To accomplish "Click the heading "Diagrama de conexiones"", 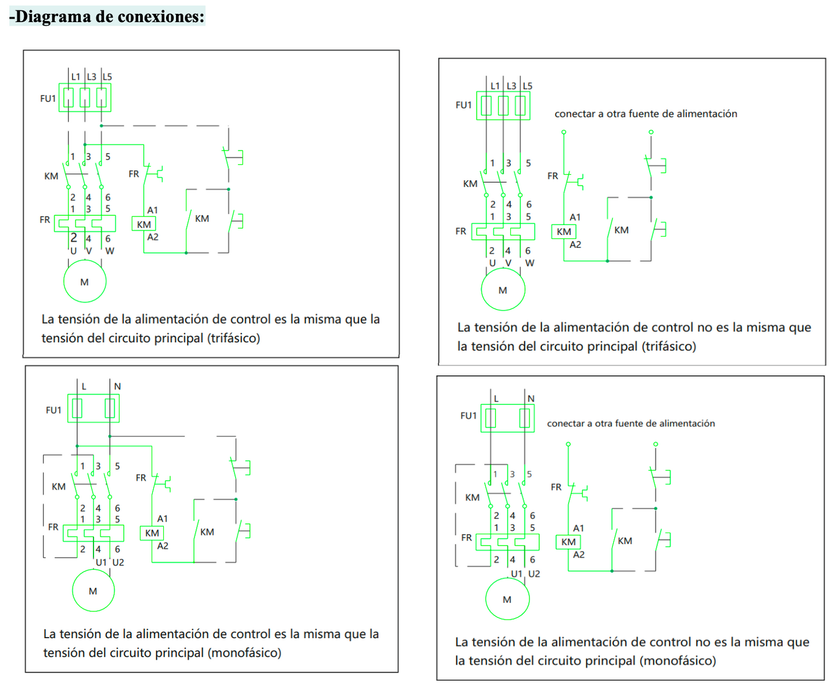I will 107,16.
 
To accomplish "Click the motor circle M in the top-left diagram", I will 85,281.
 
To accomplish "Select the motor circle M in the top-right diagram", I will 503,289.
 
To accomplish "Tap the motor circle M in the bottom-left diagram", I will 93,591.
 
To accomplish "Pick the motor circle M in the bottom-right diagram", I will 507,599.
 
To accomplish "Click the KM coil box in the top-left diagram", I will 143,224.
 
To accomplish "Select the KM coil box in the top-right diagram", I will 564,231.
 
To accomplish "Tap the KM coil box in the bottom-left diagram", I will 152,533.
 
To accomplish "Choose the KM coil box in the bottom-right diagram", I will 568,542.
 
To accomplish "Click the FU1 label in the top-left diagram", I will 48,99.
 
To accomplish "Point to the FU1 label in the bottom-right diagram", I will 468,415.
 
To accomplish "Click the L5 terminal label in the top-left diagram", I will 107,77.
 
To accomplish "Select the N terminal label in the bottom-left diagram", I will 117,386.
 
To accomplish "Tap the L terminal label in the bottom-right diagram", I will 496,399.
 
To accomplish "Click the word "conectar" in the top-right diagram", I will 574,114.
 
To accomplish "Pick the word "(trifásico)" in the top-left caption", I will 233,338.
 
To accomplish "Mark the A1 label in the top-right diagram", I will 575,217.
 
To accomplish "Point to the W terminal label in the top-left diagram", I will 110,251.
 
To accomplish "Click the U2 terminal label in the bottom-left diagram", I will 118,562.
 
